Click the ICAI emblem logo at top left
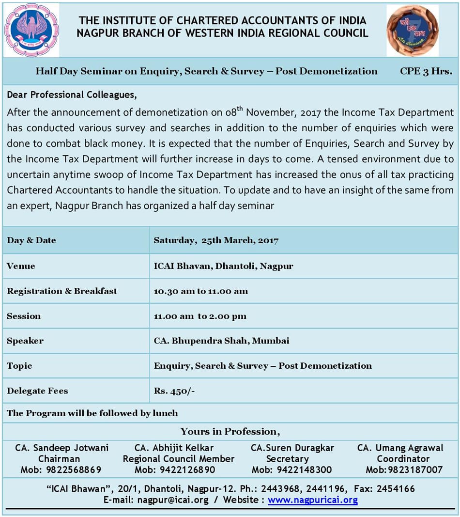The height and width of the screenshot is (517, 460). (31, 30)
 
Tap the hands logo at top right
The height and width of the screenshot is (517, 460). (413, 30)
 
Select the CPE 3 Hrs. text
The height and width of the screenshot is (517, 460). (426, 71)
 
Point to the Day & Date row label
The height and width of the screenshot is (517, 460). (31, 240)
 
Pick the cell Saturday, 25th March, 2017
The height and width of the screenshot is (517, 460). (216, 240)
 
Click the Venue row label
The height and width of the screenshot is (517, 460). (21, 266)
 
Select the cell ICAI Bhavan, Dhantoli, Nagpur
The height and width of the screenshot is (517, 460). (223, 266)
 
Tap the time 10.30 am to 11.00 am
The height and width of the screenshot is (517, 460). (200, 291)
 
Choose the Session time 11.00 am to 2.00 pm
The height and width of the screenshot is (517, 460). (200, 316)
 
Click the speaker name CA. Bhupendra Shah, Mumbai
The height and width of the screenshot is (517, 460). (221, 341)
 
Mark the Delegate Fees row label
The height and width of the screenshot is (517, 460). (37, 391)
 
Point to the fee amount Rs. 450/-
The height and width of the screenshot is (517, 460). (174, 391)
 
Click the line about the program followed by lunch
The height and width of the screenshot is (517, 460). (92, 414)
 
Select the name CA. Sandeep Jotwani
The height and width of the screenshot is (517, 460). (62, 448)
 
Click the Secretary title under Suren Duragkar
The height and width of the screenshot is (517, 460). (287, 459)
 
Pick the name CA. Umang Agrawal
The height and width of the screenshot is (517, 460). (400, 448)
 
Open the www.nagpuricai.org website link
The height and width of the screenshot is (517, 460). (313, 500)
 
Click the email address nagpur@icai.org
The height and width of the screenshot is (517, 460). (173, 500)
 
